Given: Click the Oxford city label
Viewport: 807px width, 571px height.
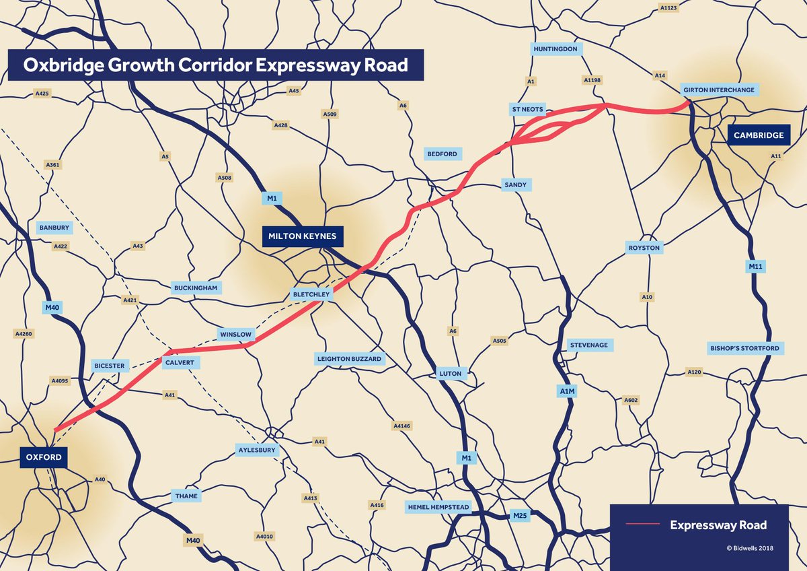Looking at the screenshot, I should [x=44, y=458].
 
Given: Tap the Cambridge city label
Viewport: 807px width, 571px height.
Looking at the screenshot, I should [x=759, y=135].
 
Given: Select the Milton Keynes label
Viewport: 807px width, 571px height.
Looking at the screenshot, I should [x=303, y=236].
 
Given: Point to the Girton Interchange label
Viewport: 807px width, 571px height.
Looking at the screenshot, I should [x=719, y=90].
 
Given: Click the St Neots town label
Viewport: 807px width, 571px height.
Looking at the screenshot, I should [x=529, y=109].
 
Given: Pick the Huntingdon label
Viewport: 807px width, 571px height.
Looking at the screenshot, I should [x=555, y=50].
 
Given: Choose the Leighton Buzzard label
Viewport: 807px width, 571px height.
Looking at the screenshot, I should [x=350, y=359].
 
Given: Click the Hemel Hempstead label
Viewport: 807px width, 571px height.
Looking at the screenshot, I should [x=438, y=506].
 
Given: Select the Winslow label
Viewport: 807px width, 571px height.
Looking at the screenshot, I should [x=235, y=334].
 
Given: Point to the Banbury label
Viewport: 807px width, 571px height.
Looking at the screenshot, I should [x=54, y=228].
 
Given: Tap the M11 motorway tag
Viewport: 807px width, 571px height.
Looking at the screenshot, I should [x=757, y=267].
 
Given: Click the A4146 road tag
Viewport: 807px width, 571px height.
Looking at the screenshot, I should [x=401, y=426].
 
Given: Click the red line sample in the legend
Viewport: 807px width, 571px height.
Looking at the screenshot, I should [x=643, y=525].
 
